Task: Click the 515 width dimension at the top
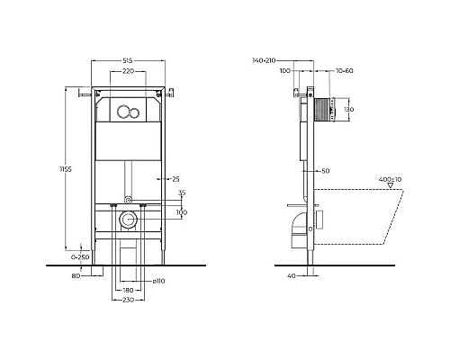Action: click(129, 61)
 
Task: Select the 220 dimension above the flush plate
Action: click(129, 71)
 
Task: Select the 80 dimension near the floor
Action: click(76, 275)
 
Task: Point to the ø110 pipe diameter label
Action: click(158, 283)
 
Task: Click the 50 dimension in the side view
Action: click(326, 170)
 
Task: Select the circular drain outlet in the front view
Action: click(128, 221)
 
